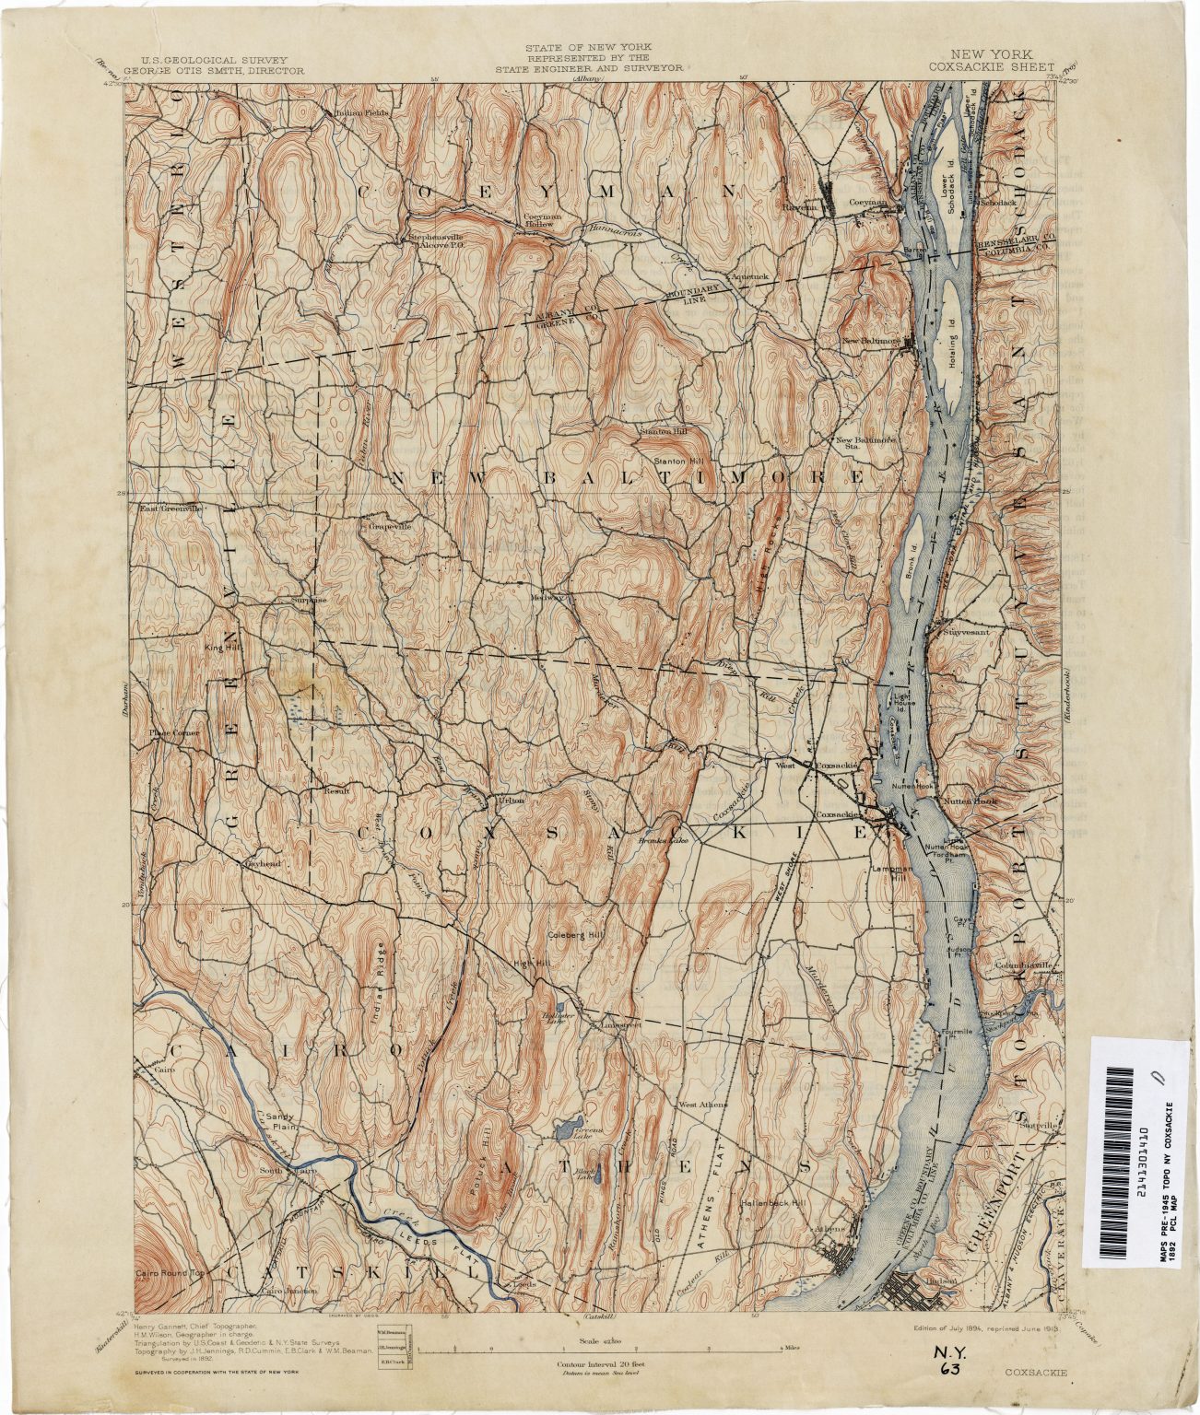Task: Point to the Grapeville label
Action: click(x=391, y=526)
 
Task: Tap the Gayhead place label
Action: click(x=262, y=863)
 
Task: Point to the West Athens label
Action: click(x=703, y=1105)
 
